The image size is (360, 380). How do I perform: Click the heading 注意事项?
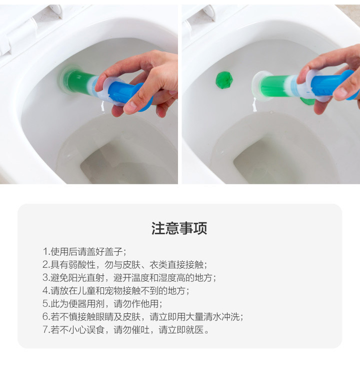coord(179,228)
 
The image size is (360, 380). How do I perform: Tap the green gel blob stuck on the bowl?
coord(222,80)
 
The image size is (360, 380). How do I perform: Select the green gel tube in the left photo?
coord(80,82)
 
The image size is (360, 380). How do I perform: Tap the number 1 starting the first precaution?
coord(45,251)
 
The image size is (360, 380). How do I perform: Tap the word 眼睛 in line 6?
coord(109,316)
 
